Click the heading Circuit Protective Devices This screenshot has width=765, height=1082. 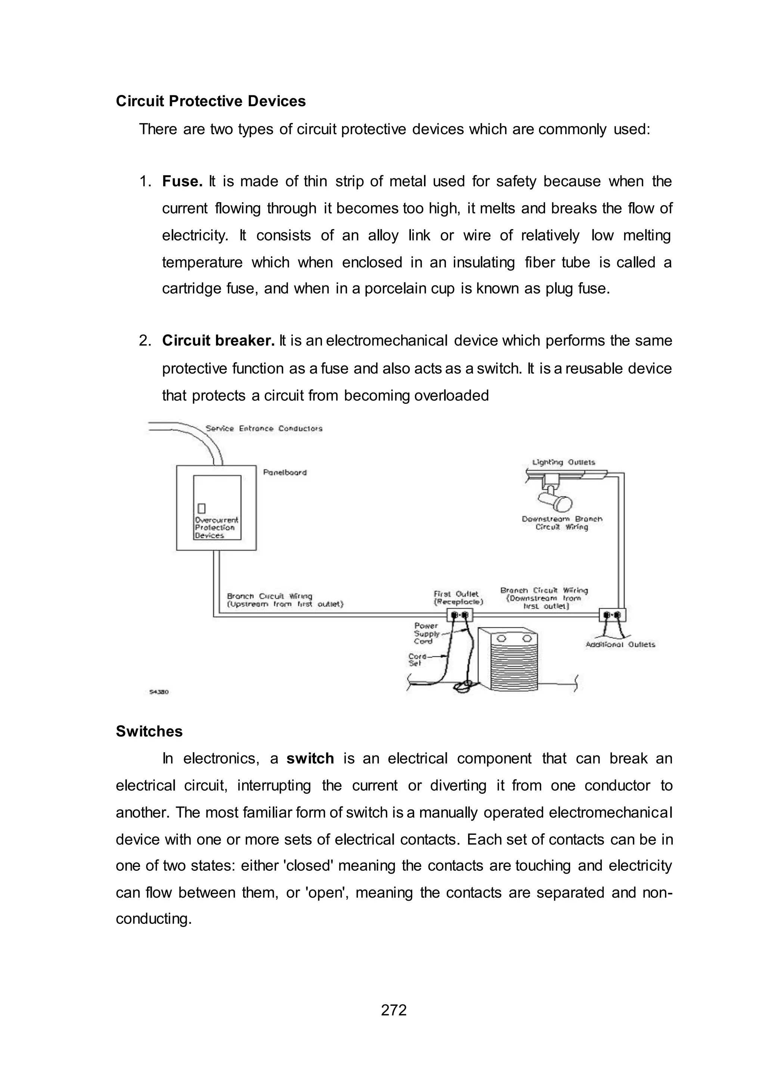211,101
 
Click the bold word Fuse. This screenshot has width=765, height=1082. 182,181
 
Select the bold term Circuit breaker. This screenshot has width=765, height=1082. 218,340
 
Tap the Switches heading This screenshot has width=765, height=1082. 149,731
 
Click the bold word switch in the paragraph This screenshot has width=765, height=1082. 310,759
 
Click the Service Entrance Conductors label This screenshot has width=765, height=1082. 264,428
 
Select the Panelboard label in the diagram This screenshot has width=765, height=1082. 285,473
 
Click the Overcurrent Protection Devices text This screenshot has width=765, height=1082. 216,528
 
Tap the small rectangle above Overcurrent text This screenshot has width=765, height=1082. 202,508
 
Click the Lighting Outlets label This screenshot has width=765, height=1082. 563,462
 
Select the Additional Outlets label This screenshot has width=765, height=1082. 620,645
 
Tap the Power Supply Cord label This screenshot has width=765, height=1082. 426,633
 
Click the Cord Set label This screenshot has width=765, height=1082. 416,660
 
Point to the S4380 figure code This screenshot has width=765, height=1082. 159,692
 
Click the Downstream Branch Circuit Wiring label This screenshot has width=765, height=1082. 561,523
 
